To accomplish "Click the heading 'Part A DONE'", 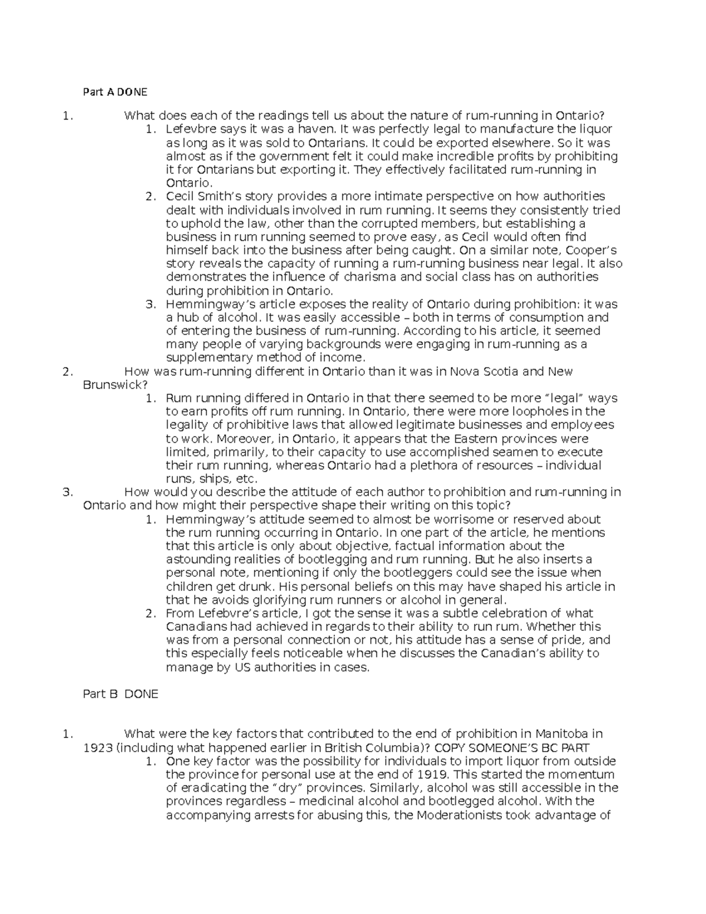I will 115,92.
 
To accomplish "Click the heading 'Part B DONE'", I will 121,694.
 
